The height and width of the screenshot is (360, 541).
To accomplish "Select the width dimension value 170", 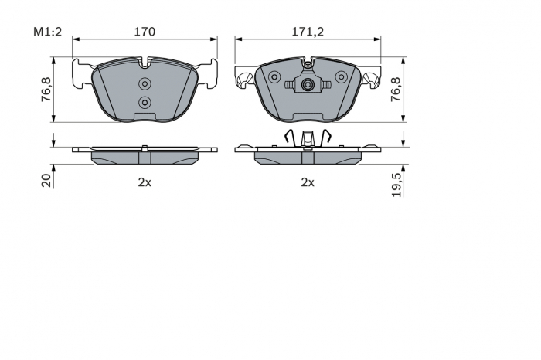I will pos(145,32).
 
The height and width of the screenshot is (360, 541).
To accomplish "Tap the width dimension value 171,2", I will pos(308,32).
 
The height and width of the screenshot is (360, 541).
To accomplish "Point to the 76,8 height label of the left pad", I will pos(46,90).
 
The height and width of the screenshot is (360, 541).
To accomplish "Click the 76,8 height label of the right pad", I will pos(395,90).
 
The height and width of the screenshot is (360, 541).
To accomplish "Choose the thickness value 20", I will pos(46,180).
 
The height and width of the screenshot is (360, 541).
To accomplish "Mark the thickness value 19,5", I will pos(395,185).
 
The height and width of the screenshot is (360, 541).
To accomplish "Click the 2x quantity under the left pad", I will pos(144,182).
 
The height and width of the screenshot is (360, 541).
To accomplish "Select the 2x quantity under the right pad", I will pos(308,182).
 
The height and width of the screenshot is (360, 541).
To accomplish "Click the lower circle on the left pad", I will pos(145,102).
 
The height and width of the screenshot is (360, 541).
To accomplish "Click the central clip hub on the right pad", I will pos(308,86).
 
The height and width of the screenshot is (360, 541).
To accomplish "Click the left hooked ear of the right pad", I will pos(245,76).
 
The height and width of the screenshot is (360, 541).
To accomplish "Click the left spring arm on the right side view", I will pos(288,137).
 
